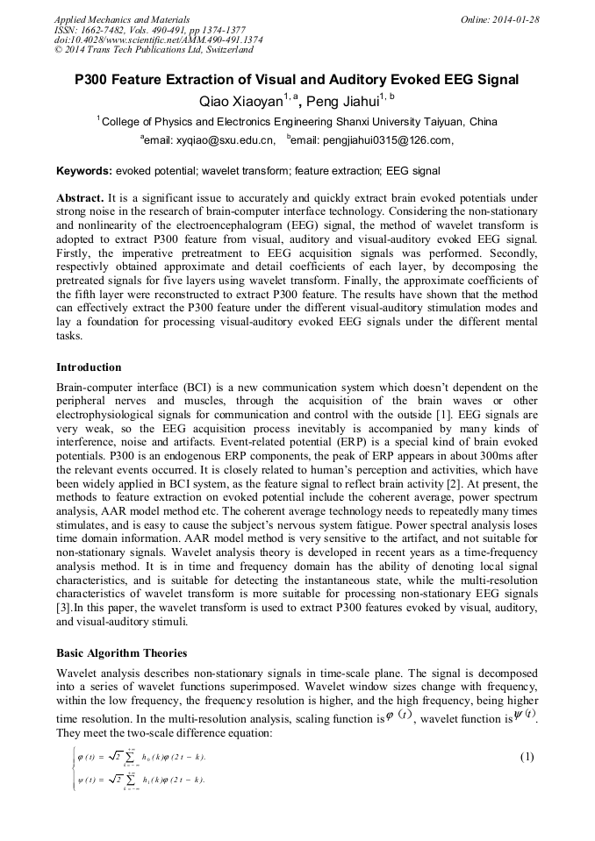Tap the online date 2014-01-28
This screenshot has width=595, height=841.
pos(513,18)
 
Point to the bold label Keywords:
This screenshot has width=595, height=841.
pos(84,170)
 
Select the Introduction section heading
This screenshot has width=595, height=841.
pos(89,367)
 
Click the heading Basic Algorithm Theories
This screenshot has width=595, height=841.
pos(122,653)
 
